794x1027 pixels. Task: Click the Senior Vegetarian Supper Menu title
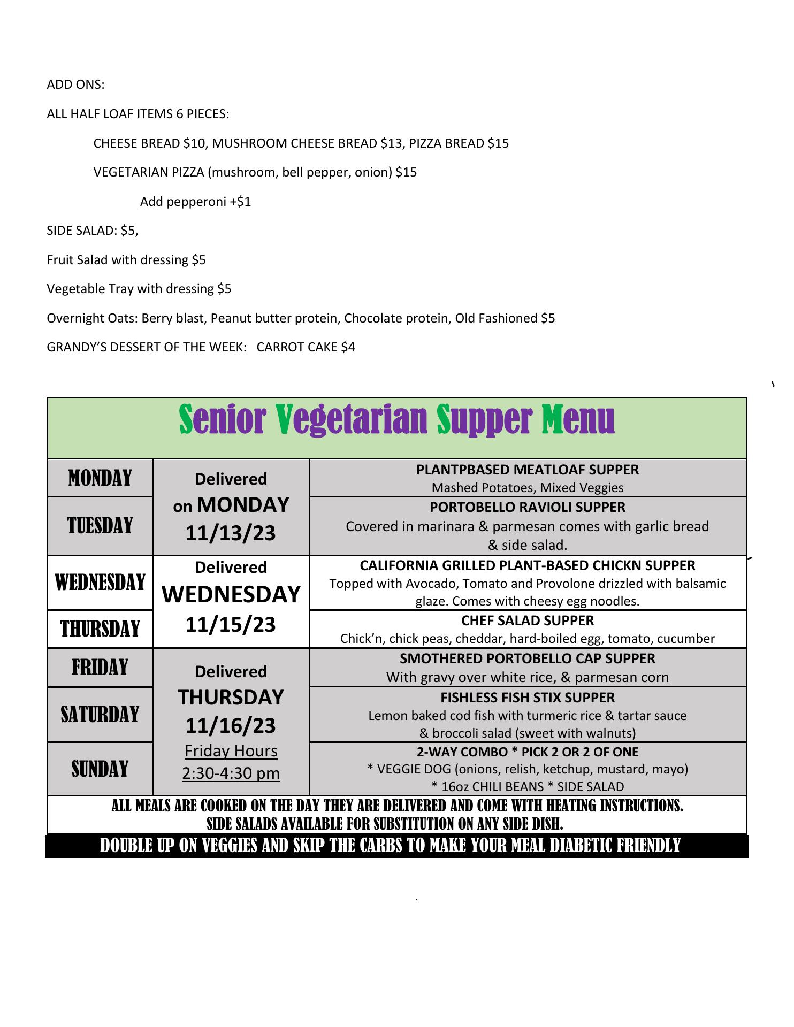click(396, 420)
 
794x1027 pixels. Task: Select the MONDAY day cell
click(100, 478)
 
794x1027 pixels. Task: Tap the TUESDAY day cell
click(100, 526)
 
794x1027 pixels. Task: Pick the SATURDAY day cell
click(100, 715)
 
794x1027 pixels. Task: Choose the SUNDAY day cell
click(100, 769)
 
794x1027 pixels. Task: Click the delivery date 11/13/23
click(231, 533)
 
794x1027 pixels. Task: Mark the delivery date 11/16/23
click(231, 726)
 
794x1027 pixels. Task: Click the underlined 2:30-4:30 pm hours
click(231, 773)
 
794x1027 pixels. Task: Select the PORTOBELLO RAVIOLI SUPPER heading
click(528, 507)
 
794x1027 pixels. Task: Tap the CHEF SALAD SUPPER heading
click(528, 620)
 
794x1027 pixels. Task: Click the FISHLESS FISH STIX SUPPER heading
click(528, 698)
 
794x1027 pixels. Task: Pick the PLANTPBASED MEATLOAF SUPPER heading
click(528, 470)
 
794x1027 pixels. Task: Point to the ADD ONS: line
click(75, 85)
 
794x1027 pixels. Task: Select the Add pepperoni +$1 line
click(195, 202)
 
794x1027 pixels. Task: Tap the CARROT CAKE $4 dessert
click(306, 347)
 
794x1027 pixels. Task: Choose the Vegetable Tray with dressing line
click(139, 289)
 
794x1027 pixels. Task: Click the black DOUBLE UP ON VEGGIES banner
click(396, 846)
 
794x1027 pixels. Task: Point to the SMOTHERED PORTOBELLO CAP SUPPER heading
click(528, 658)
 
